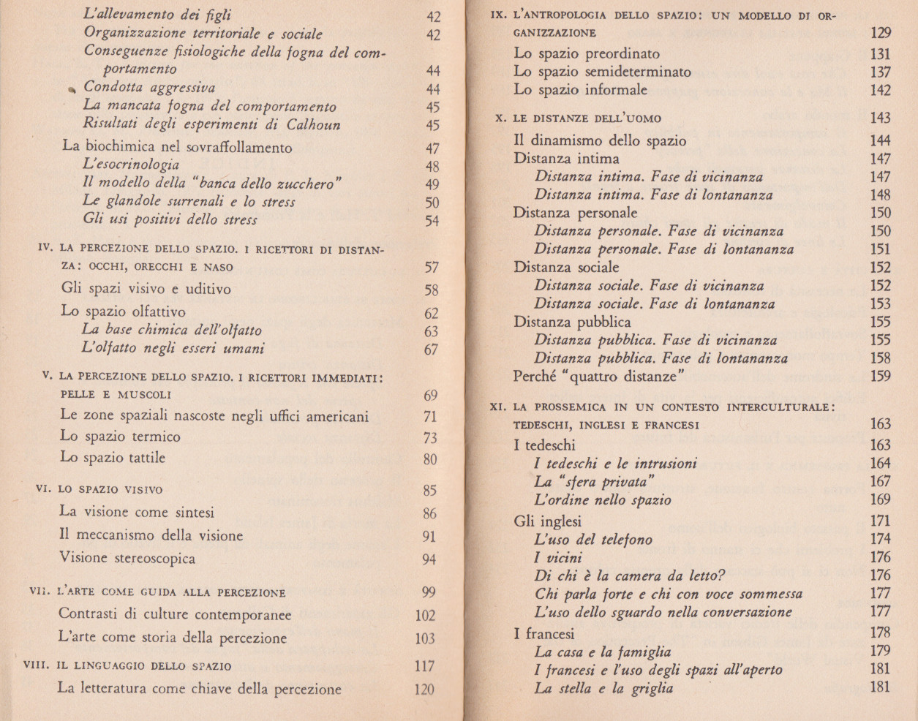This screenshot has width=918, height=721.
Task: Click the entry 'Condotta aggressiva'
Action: tap(149, 88)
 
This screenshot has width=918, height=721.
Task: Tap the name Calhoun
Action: tap(313, 124)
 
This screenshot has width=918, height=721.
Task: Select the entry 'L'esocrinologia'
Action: tap(131, 165)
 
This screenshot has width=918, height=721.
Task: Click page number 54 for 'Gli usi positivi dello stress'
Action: tap(432, 220)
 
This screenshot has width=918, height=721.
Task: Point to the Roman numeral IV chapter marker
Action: tap(45, 248)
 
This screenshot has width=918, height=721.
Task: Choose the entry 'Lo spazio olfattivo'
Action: tap(123, 312)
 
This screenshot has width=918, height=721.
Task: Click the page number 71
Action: tap(430, 417)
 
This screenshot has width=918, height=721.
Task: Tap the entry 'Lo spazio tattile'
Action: tap(113, 458)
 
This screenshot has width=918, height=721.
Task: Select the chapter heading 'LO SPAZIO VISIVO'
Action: tap(110, 489)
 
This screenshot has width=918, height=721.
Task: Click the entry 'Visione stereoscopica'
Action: tap(127, 559)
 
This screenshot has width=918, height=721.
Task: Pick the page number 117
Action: tap(424, 666)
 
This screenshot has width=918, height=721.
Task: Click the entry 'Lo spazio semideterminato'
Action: tap(602, 72)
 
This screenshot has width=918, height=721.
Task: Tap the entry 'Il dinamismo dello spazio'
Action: tap(600, 140)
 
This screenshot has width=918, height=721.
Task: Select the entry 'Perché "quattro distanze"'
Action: tap(598, 377)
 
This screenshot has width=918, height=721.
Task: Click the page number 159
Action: tap(881, 377)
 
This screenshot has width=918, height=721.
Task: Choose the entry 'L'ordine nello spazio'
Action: tap(602, 500)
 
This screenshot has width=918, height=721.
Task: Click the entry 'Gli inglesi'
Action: tap(547, 521)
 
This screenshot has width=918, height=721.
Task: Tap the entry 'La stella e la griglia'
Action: tap(603, 688)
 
